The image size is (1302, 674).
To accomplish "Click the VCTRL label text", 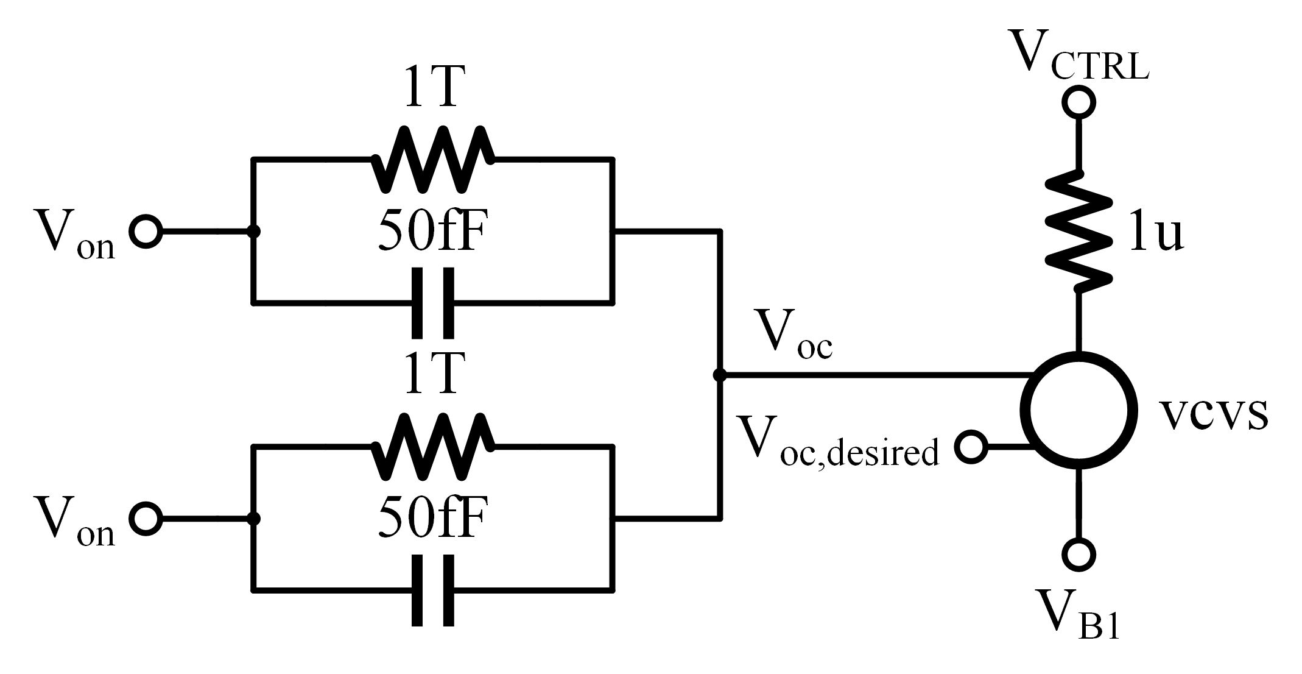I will (1079, 55).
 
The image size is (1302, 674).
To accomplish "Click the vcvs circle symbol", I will (1079, 410).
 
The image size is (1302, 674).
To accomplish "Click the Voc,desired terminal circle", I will (971, 447).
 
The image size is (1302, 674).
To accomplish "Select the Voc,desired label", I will (837, 441).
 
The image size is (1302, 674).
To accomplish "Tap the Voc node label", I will (792, 333).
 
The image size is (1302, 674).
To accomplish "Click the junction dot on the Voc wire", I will (720, 375).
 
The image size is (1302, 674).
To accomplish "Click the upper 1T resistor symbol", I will (433, 159).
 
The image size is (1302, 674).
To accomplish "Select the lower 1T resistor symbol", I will (433, 447).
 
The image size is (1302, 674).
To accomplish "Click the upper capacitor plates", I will (433, 303).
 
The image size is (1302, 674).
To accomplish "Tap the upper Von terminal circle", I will (146, 232).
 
